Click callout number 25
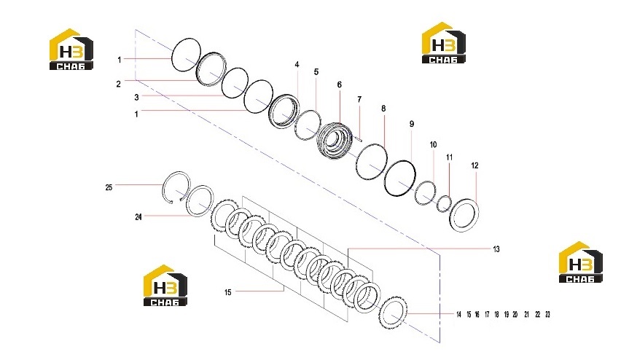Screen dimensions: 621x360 coord(109,187)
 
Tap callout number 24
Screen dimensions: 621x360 coord(138,217)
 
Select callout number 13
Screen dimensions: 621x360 coord(496,249)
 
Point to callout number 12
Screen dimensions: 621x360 coord(474,165)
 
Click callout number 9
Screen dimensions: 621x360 coord(412,124)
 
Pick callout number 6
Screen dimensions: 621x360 coord(340,85)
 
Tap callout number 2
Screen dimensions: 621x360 coord(118,85)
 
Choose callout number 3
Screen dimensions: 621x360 coord(136,98)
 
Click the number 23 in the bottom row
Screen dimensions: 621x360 coord(547,315)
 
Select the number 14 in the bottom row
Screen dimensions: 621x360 coord(458,315)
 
